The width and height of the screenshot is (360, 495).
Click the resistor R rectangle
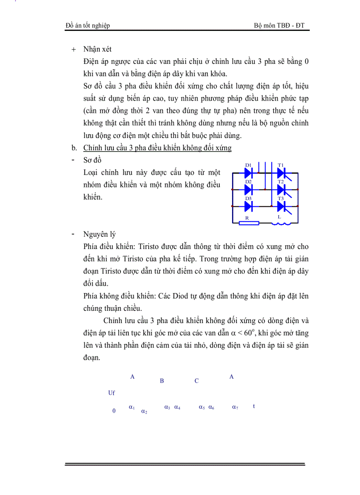pyautogui.click(x=248, y=223)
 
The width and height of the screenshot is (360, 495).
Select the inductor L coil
pyautogui.click(x=281, y=223)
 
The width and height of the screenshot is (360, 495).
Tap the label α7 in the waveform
pyautogui.click(x=235, y=407)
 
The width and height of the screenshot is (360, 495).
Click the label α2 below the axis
pyautogui.click(x=144, y=411)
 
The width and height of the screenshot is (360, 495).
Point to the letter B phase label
pyautogui.click(x=162, y=381)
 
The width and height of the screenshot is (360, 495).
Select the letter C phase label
pyautogui.click(x=197, y=381)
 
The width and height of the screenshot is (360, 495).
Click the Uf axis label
pyautogui.click(x=112, y=393)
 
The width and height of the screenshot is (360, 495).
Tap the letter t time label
pyautogui.click(x=254, y=406)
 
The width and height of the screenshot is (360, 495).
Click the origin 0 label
pyautogui.click(x=114, y=411)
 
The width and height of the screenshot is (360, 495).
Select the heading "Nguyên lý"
pyautogui.click(x=99, y=234)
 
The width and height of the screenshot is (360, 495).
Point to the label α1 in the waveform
pyautogui.click(x=131, y=407)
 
